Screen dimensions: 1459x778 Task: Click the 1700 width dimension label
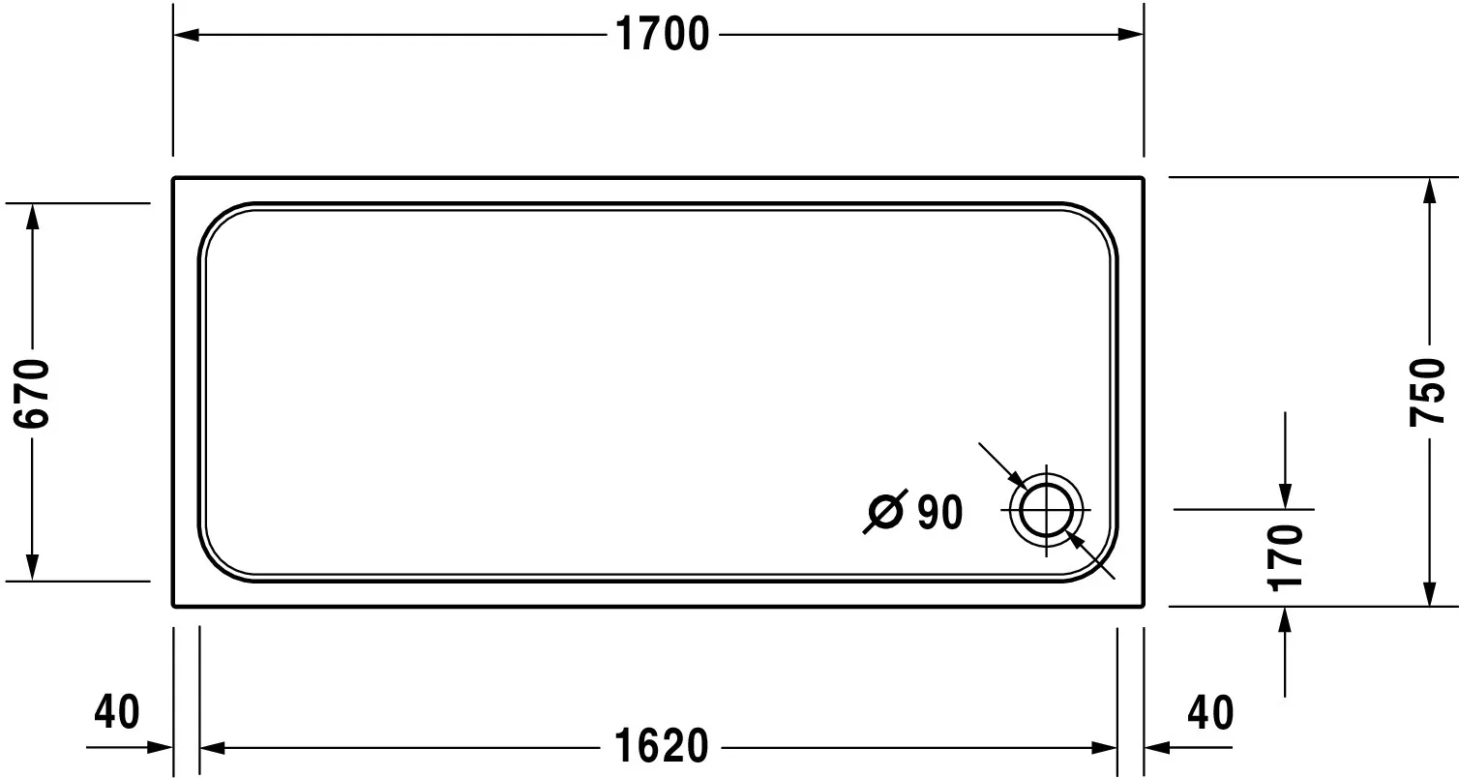[x=663, y=35]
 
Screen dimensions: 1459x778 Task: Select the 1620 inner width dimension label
[x=661, y=747]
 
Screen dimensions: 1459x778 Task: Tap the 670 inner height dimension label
[x=31, y=393]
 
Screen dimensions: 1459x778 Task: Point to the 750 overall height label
[x=1427, y=393]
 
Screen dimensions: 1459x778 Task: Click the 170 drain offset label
[x=1286, y=557]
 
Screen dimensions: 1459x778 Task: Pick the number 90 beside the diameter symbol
[x=939, y=513]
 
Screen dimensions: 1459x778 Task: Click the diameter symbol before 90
[x=886, y=511]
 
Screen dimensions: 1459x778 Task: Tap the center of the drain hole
[x=1046, y=510]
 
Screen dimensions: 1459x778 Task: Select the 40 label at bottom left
[x=117, y=712]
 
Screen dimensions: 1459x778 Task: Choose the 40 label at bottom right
[x=1211, y=713]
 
